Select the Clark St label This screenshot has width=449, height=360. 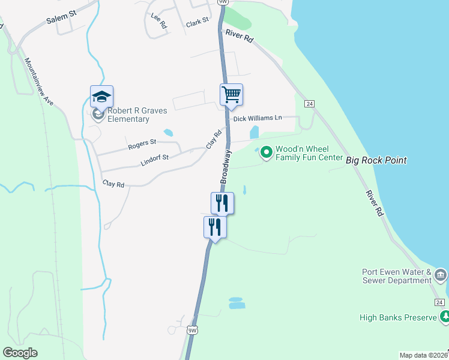[x=197, y=22]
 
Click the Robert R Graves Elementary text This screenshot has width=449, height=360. [x=129, y=115]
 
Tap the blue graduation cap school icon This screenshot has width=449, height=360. [x=101, y=97]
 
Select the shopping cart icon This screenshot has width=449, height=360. [x=231, y=95]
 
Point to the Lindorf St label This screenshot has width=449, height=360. [x=155, y=158]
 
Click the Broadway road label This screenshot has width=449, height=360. [x=226, y=166]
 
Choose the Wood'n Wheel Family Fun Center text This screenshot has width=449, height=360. [x=306, y=154]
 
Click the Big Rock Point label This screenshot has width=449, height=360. [x=376, y=160]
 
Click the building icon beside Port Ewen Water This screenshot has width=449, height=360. [x=441, y=275]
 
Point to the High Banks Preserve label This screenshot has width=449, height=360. [x=398, y=317]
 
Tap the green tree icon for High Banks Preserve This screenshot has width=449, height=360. [x=444, y=316]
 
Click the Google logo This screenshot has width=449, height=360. [x=20, y=353]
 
